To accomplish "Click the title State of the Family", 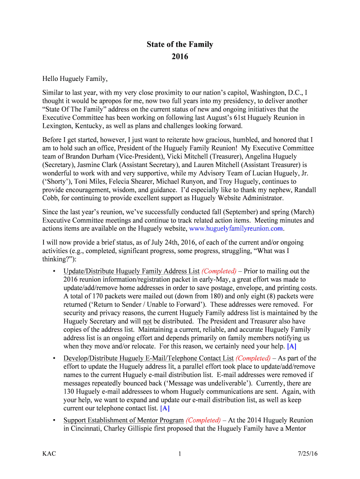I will [180, 44].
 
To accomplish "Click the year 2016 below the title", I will [180, 57].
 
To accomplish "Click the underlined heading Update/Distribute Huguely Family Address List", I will [131, 271].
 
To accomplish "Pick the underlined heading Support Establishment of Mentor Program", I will [123, 420].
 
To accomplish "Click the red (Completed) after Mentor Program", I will [203, 420].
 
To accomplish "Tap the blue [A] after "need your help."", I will [292, 347].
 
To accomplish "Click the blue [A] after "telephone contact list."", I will [165, 408].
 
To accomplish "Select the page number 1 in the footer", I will [180, 454].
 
